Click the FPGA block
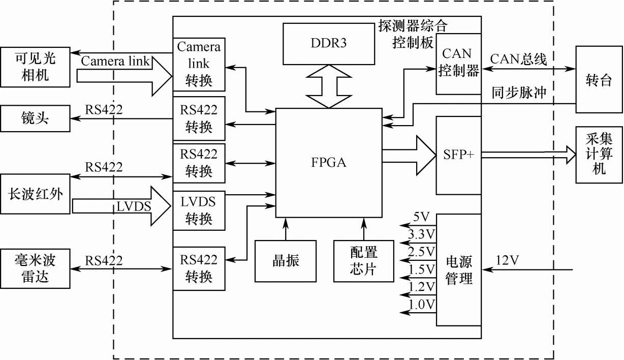(328, 163)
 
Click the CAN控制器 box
(458, 64)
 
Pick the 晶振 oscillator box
(286, 261)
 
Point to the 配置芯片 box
(364, 261)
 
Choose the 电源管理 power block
(459, 269)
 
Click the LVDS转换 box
(199, 210)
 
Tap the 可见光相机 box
(36, 67)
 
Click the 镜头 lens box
(36, 118)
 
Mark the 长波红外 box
(36, 194)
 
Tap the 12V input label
(507, 260)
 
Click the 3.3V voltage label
(422, 234)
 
